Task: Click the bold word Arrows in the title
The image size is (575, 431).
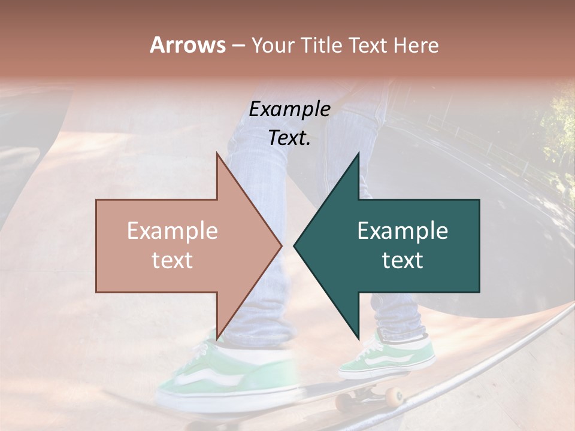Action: point(187,45)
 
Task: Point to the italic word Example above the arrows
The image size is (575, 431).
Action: point(289,109)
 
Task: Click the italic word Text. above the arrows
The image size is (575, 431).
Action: point(289,138)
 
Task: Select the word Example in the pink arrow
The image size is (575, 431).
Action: point(172,231)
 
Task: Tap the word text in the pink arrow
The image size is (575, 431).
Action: point(172,260)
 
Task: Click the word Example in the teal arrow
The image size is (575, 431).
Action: point(402,231)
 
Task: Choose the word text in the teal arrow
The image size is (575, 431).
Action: point(402,260)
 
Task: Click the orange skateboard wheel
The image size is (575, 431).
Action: point(394,396)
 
